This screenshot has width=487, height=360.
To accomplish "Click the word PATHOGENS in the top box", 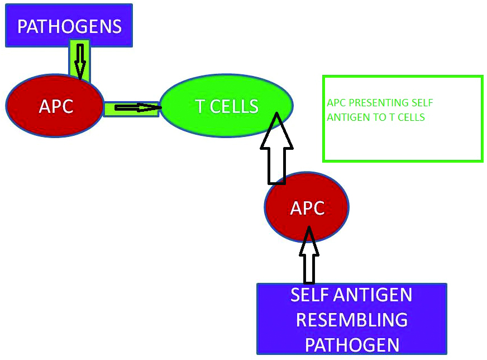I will tap(69, 26).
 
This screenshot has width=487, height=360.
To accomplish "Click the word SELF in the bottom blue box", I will tap(310, 295).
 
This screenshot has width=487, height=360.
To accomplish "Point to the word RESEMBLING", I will tap(351, 320).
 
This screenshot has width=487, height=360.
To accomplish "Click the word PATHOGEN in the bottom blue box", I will tap(352, 344).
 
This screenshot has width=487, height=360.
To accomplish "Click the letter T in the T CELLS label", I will tap(199, 106).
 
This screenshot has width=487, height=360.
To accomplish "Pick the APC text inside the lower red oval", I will tap(307, 208).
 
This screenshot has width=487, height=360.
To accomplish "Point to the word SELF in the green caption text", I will tap(422, 103).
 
